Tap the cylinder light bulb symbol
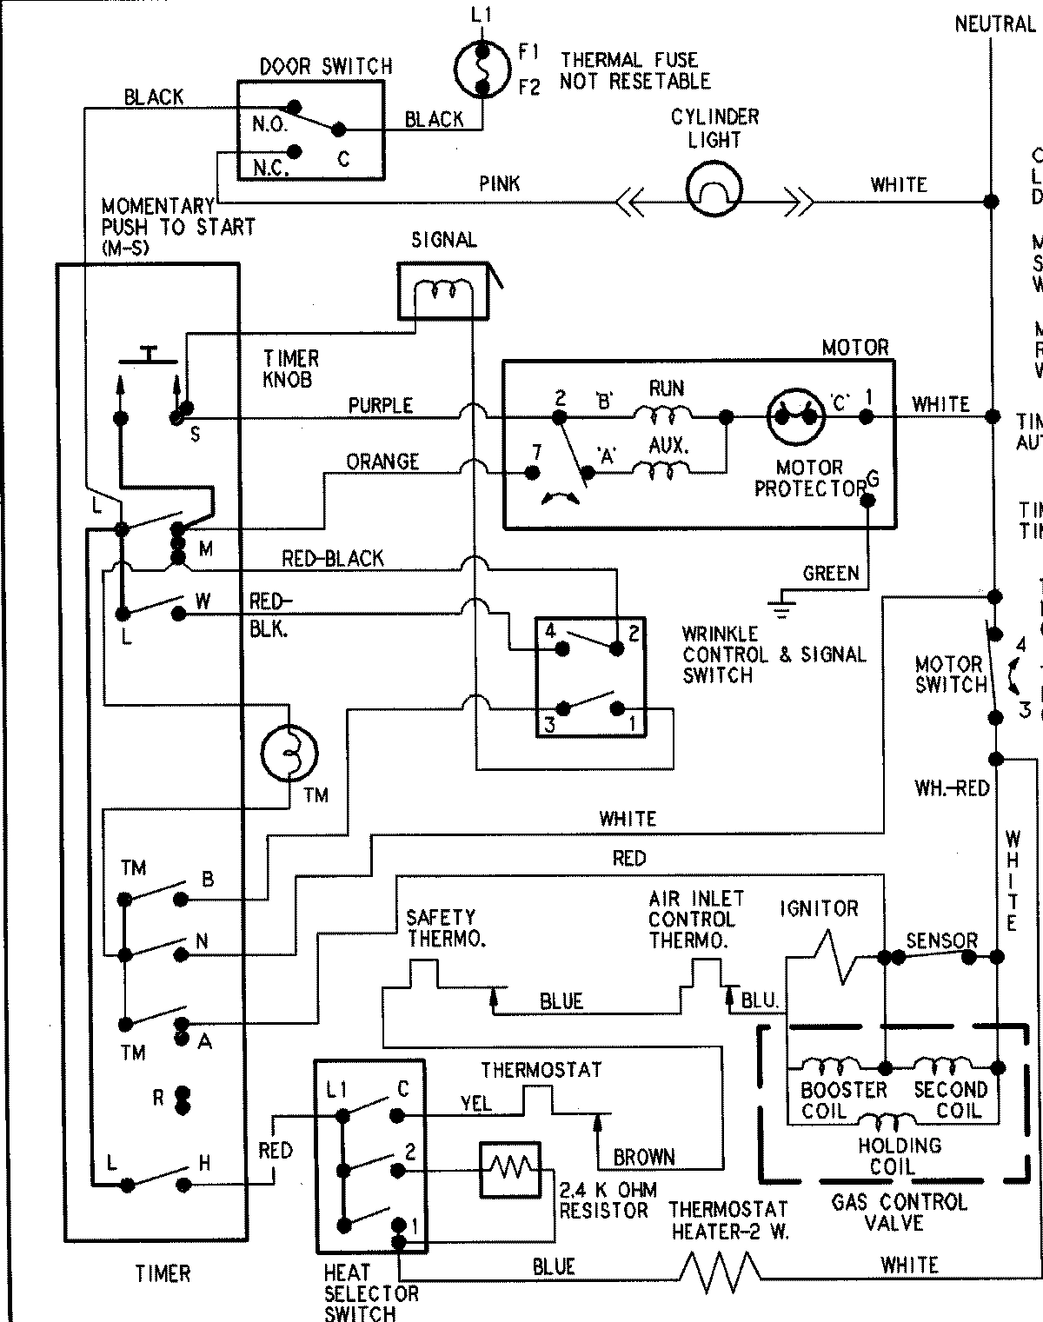coord(714,189)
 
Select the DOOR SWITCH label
coord(326,66)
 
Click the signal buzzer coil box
coord(443,291)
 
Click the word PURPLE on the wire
coord(381,405)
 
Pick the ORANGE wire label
coord(382,461)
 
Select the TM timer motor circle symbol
coord(290,752)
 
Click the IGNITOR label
coord(819,908)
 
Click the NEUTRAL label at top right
coord(994,23)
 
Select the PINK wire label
coord(500,183)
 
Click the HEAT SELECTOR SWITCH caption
coord(371,1293)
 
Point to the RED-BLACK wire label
coord(332,558)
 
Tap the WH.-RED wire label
coord(952,788)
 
